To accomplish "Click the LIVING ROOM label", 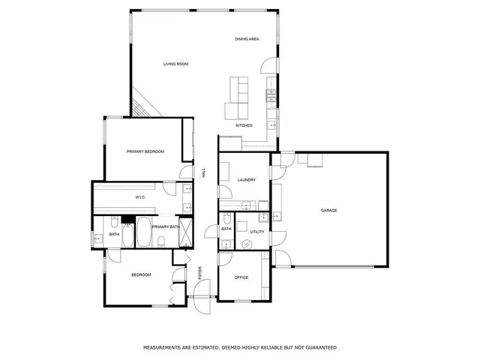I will tap(175, 64).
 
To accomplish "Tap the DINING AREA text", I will tap(247, 38).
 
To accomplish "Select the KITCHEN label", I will tap(244, 125).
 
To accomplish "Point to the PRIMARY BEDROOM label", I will tap(145, 151).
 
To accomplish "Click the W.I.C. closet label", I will tap(139, 197).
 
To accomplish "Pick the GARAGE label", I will tap(328, 210).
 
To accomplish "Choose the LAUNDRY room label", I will tap(246, 180).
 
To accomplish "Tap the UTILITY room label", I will tap(257, 232).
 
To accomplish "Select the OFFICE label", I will tap(241, 277).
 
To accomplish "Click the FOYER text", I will tap(200, 272).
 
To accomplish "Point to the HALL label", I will tap(203, 172).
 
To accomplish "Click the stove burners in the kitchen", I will tap(271, 95).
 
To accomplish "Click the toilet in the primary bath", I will tap(161, 240).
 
